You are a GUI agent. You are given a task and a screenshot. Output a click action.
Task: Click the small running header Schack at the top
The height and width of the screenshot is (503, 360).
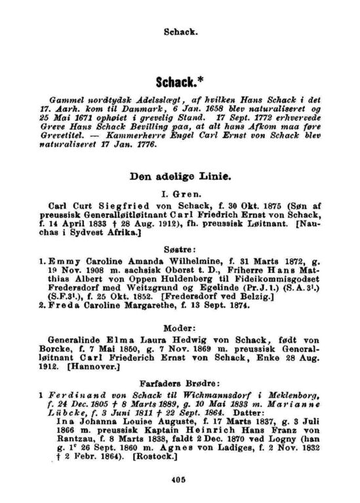tap(179, 30)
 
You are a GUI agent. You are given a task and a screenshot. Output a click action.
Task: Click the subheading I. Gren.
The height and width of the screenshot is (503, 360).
tap(179, 193)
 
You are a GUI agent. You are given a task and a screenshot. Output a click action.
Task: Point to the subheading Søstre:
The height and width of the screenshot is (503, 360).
tap(179, 251)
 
